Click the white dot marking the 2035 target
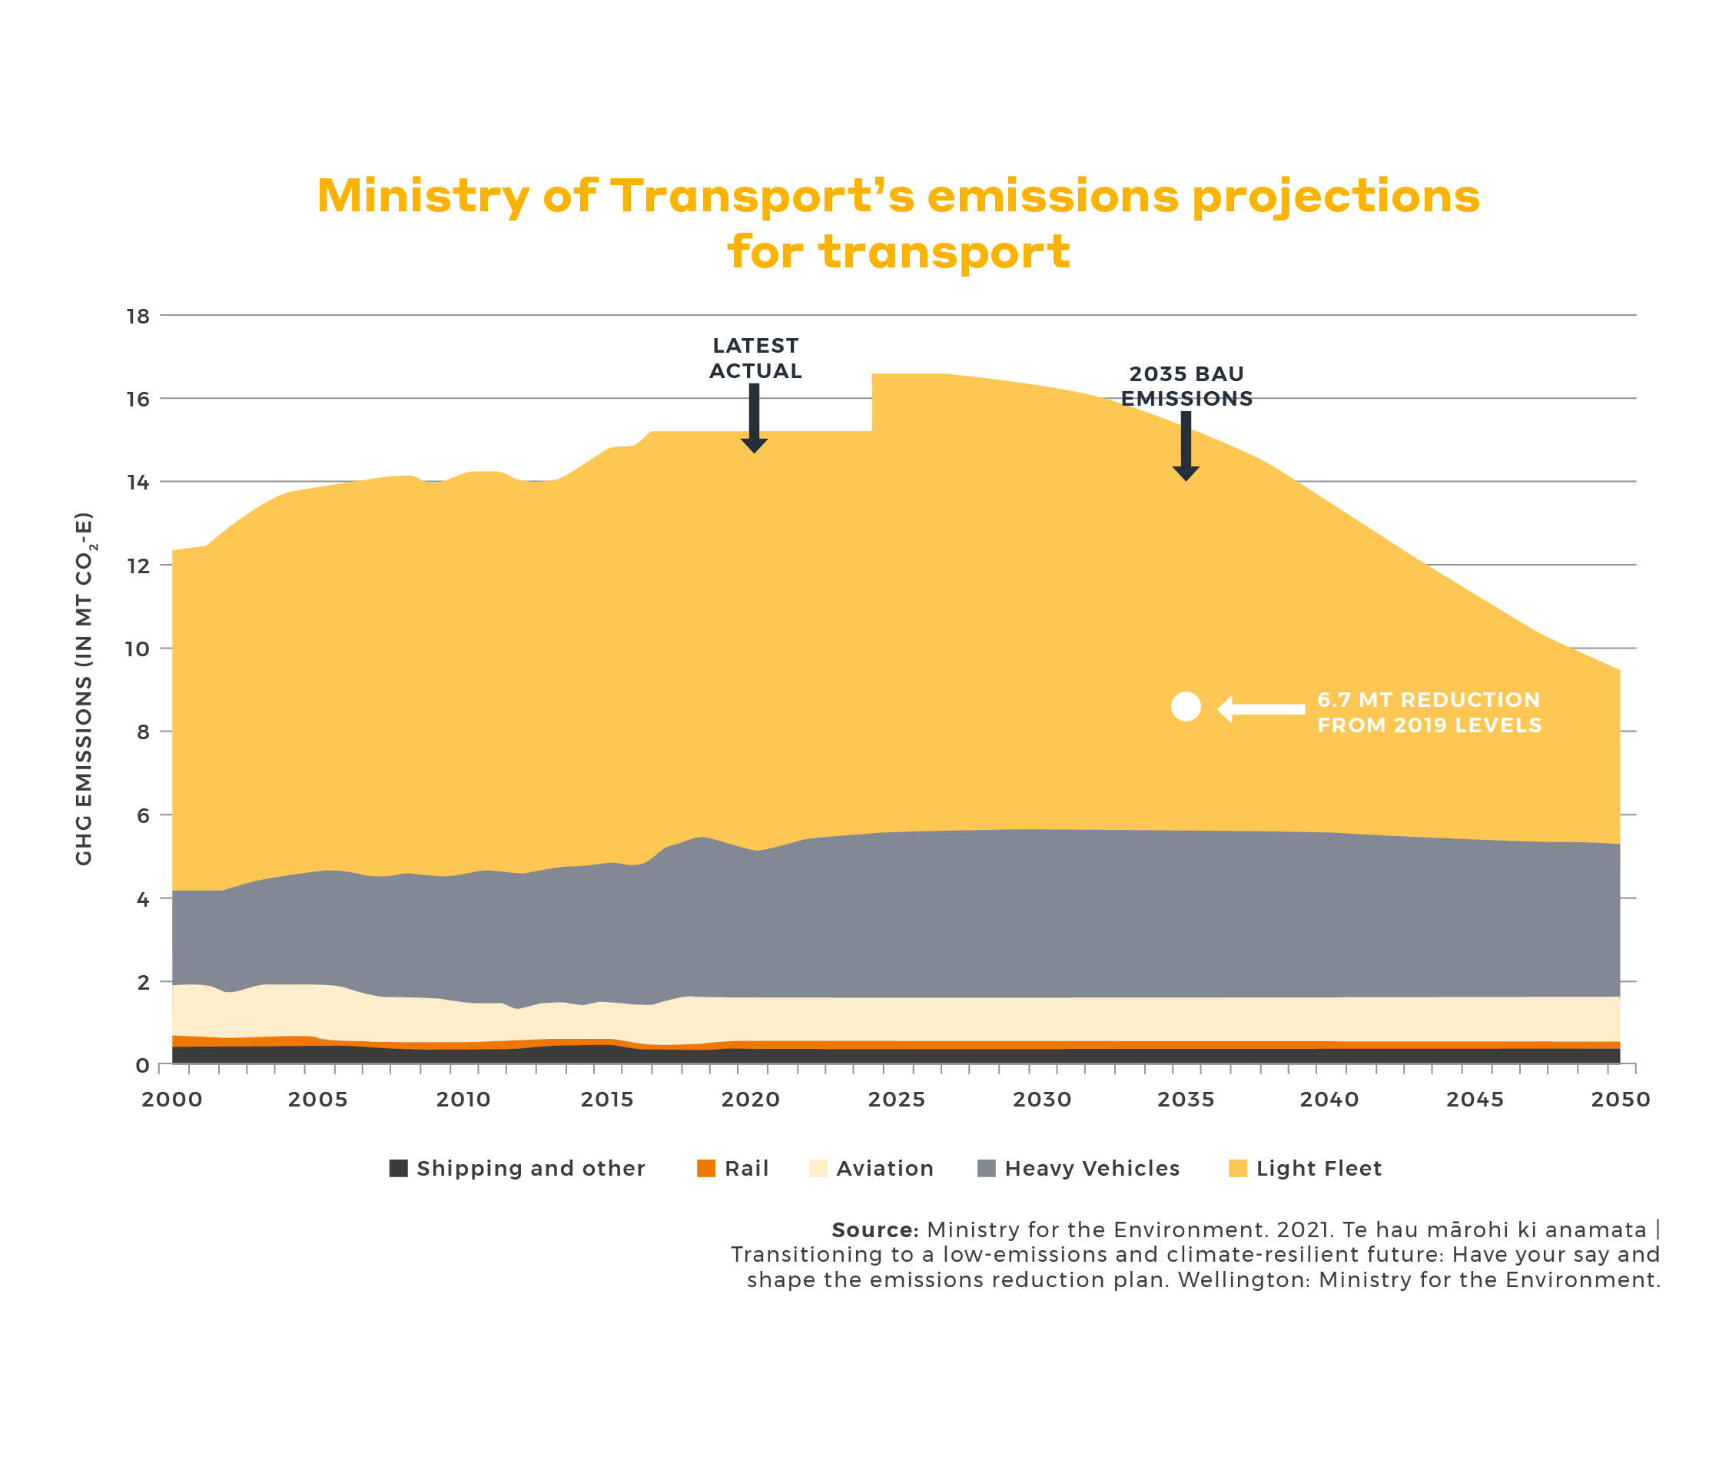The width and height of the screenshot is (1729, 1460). [x=1185, y=706]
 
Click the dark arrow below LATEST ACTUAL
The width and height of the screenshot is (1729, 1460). [x=754, y=419]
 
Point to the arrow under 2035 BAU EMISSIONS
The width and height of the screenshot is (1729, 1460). [x=1185, y=446]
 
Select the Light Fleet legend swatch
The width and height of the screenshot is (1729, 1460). [x=1237, y=1168]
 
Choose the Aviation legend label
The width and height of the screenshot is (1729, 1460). [x=884, y=1168]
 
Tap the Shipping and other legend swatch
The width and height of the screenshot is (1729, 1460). [x=398, y=1168]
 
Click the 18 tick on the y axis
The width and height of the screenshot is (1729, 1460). [x=138, y=315]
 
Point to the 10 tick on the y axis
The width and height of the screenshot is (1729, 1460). [x=138, y=648]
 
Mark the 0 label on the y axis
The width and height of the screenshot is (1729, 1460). [x=142, y=1065]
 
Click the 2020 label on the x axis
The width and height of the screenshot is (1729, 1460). [x=750, y=1099]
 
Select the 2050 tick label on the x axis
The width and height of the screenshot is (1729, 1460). [x=1620, y=1099]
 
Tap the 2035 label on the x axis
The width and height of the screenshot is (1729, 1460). [x=1185, y=1099]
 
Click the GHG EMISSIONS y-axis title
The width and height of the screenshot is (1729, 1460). [x=84, y=689]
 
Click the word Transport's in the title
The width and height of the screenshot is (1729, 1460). [x=762, y=197]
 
